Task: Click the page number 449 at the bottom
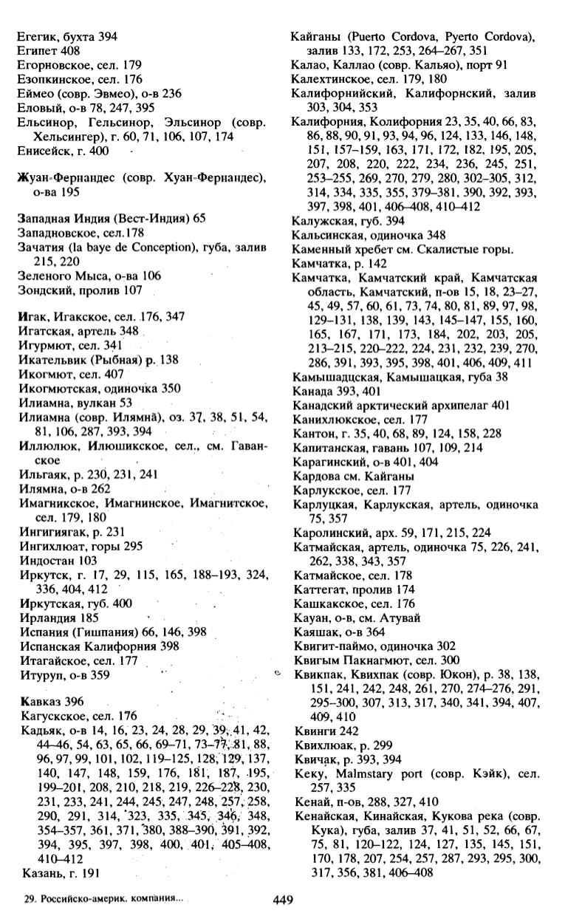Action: click(x=284, y=900)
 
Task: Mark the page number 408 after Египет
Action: click(x=70, y=49)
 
